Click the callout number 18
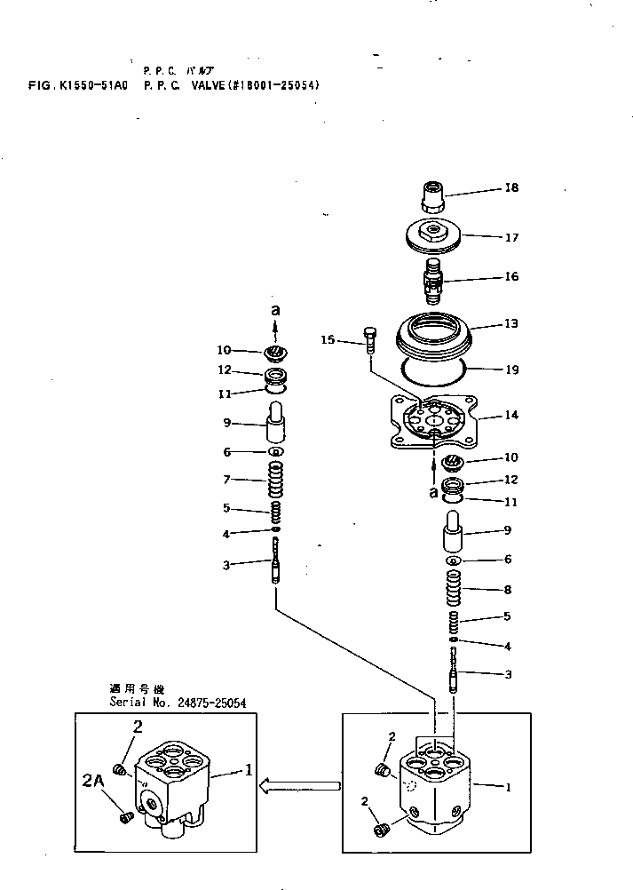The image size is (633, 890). (511, 188)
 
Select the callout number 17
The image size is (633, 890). (511, 238)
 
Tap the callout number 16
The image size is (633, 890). (511, 277)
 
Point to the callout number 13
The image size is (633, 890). (511, 325)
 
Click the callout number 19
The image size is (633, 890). (511, 370)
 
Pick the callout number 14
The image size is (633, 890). (511, 415)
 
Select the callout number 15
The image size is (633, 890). (328, 339)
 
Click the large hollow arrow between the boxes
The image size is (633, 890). (305, 785)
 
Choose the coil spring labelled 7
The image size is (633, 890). (276, 481)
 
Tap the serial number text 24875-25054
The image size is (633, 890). (211, 703)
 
